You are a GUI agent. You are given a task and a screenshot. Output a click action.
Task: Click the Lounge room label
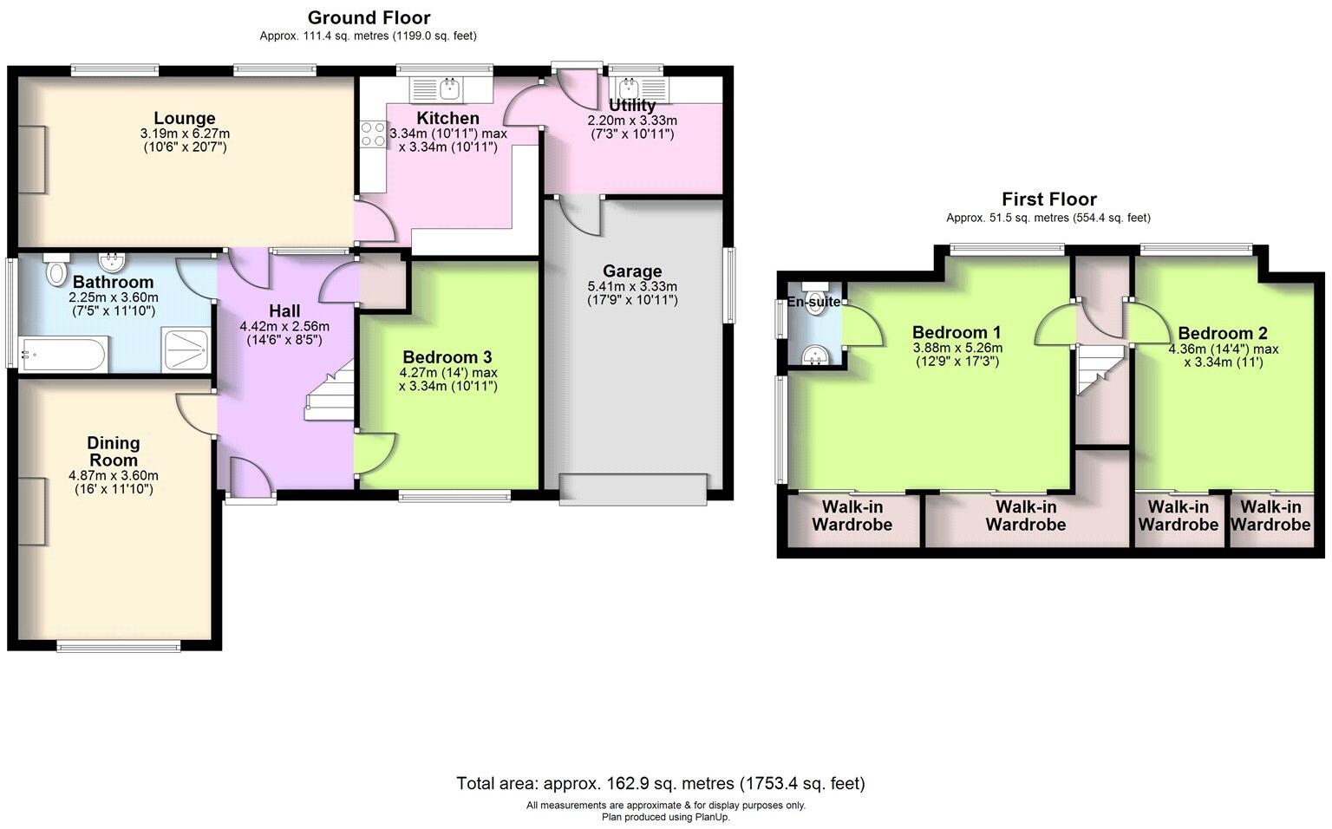pos(184,119)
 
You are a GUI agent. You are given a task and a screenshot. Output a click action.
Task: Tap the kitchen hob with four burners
pos(374,134)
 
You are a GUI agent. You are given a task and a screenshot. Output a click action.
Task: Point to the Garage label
pos(632,271)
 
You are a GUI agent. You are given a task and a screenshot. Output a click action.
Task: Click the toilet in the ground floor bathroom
pos(57,271)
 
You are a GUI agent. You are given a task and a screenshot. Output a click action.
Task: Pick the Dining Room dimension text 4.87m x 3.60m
pos(114,476)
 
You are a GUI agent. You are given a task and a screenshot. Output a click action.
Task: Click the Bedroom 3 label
pos(447,357)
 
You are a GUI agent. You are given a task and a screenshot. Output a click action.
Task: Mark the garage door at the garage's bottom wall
pos(633,488)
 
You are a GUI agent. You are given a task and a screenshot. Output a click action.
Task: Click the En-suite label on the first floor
pos(813,302)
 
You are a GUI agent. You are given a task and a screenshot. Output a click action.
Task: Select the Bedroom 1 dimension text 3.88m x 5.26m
pos(957,348)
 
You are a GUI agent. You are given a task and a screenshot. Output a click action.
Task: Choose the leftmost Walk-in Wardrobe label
pos(852,516)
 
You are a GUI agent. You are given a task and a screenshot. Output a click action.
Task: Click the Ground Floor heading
pos(369,17)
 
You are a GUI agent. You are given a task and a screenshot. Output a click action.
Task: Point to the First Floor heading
pos(1048,199)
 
